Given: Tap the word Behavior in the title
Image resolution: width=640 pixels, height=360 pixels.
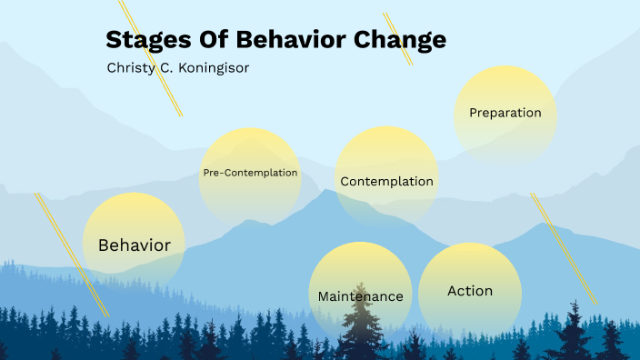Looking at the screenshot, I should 294,40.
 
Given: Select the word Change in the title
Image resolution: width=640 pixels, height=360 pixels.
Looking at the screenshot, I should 401,40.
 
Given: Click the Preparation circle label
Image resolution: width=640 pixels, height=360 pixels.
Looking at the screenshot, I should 505,114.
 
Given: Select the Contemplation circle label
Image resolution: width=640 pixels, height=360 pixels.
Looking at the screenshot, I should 386,181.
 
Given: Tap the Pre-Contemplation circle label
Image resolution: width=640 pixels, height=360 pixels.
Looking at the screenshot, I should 250,172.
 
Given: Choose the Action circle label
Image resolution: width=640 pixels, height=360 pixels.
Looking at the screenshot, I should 470,291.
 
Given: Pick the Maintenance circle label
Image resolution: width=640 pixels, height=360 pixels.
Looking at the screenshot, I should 360,296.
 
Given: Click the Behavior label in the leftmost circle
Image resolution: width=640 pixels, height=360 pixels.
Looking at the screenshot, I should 135,245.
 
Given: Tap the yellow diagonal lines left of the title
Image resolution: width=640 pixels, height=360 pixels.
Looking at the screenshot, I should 152,57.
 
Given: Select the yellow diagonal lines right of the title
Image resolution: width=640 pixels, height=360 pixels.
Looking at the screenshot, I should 397,38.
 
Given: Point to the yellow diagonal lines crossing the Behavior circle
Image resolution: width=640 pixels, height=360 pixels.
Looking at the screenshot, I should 72,255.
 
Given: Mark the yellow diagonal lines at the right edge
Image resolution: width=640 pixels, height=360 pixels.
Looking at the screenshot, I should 564,247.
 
